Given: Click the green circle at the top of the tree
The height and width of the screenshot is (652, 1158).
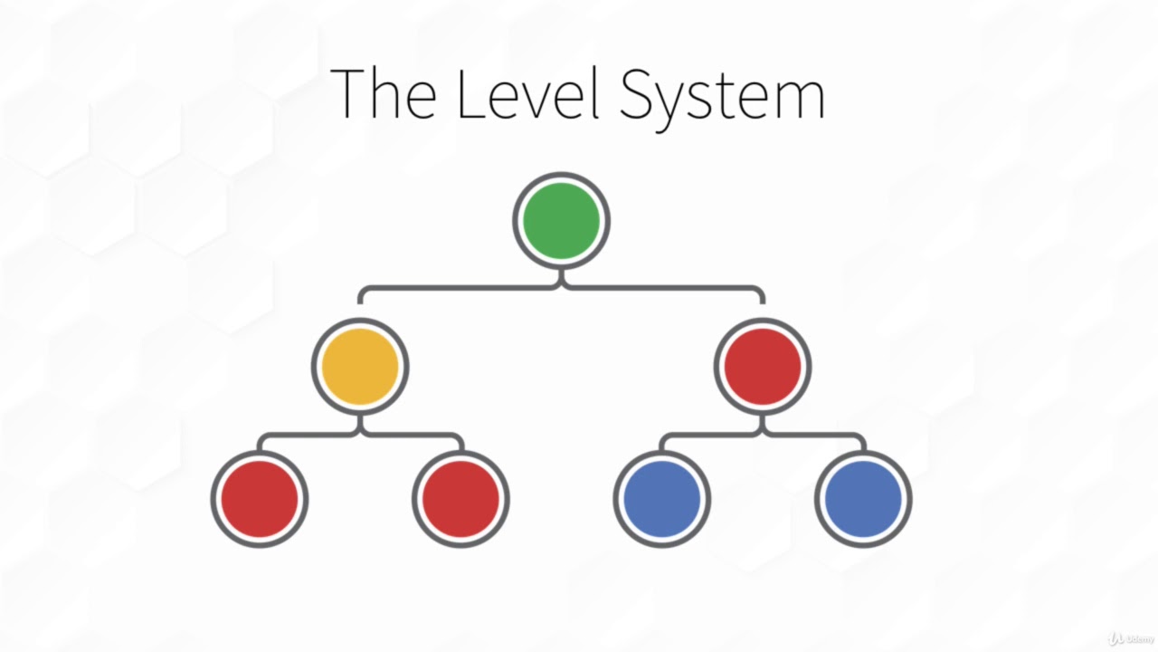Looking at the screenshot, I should point(561,221).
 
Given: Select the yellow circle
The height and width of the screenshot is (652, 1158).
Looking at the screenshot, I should point(360,367).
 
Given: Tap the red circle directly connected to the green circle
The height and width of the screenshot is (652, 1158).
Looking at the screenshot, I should point(763,367).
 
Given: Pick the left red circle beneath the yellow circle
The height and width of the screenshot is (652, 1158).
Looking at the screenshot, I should point(260,499).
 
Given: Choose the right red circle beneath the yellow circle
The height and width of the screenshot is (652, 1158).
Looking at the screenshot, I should point(460,499).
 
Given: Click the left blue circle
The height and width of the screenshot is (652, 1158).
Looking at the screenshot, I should point(662,499).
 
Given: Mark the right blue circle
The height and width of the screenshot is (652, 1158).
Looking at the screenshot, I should point(863,499).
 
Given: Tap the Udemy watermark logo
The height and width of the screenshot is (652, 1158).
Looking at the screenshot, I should point(1131,638).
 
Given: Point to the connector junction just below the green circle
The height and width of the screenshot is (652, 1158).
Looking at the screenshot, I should point(561,283).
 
